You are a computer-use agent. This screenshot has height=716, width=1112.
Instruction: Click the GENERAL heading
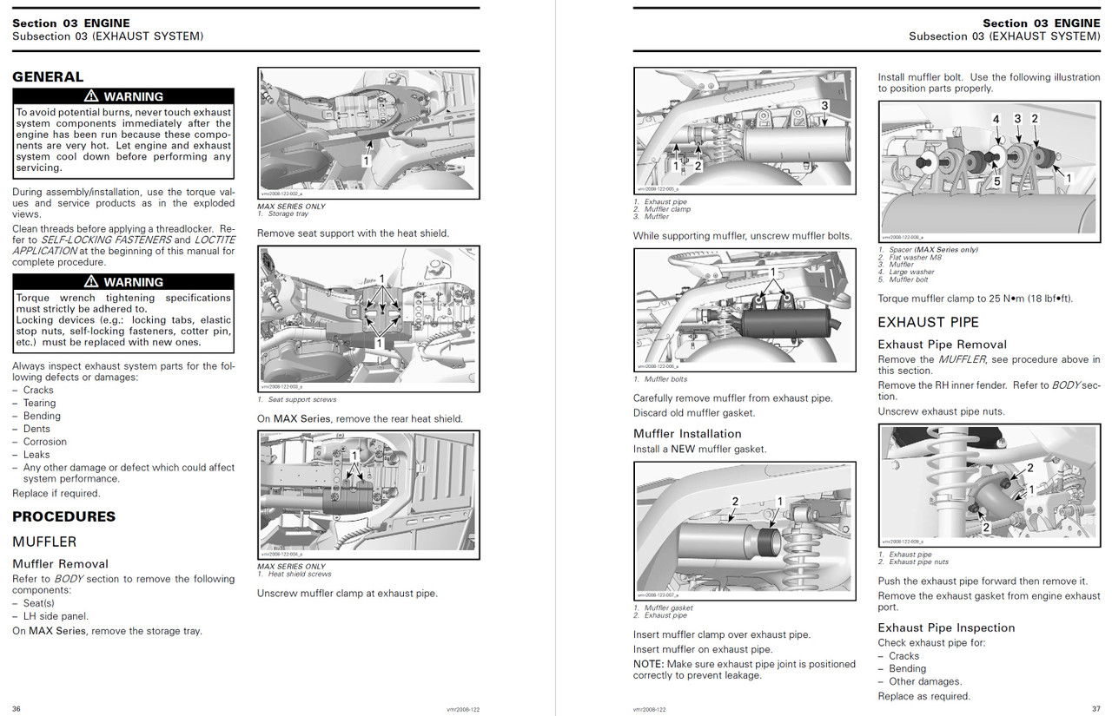48,76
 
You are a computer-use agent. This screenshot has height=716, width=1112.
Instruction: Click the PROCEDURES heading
63,516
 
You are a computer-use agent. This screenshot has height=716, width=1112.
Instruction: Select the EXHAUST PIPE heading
928,322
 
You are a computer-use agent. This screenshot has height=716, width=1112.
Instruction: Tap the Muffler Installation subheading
687,434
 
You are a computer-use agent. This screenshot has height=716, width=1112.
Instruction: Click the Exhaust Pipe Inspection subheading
946,627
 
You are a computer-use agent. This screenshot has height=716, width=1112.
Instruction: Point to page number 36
17,708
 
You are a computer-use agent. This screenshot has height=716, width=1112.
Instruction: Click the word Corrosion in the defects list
45,442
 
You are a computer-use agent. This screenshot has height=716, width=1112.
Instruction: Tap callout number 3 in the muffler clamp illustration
824,105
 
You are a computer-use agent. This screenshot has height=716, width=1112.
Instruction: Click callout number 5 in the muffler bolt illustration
997,181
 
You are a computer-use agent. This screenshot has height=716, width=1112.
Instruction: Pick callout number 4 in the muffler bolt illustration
996,119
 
